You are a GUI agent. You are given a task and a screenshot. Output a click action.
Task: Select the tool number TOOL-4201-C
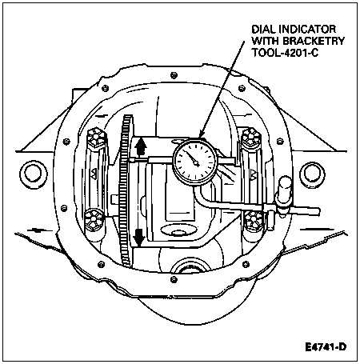285,53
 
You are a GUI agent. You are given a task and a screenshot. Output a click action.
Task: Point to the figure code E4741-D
326,347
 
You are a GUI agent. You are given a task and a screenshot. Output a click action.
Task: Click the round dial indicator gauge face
195,162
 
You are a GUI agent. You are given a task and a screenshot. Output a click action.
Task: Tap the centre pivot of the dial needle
197,163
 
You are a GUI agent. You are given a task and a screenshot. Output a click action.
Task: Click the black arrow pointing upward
140,147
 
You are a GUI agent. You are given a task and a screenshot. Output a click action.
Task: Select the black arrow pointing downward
139,237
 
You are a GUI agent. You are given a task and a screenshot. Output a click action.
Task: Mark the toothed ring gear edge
126,190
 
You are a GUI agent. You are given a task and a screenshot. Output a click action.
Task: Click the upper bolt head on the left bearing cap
98,137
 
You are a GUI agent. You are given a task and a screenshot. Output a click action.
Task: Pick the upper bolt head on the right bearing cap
250,137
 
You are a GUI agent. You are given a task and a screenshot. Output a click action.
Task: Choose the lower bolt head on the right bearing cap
253,220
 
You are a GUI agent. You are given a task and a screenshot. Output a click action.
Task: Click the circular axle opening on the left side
34,174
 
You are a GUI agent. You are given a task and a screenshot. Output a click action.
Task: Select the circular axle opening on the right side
313,174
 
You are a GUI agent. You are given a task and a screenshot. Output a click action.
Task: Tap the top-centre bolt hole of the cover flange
174,75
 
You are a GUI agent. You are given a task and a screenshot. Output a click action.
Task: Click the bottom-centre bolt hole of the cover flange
174,279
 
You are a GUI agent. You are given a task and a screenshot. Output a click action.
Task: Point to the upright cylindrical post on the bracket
283,193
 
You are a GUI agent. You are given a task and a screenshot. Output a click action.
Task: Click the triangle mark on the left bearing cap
94,174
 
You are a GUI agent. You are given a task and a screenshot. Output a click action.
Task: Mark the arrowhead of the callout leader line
202,134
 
